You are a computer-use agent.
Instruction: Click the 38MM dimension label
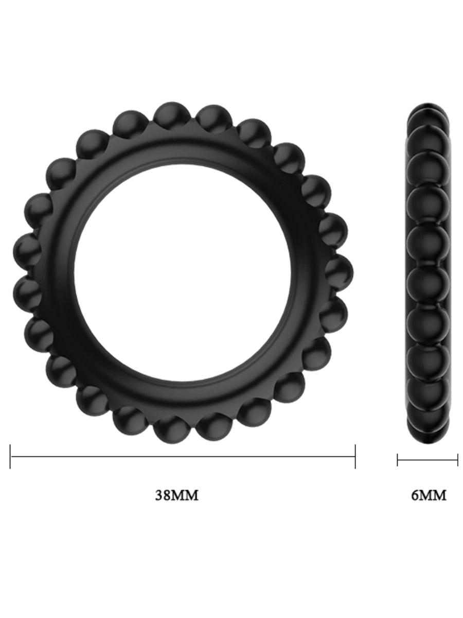coord(176,495)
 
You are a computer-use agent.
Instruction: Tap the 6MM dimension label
coord(429,495)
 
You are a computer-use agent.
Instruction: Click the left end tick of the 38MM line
coord(10,456)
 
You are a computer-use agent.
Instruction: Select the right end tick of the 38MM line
coord(355,456)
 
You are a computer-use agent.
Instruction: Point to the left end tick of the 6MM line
coord(398,459)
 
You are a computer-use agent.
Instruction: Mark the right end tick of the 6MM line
coord(457,459)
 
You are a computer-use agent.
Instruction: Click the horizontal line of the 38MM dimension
coord(183,456)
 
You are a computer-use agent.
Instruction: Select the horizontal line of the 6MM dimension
coord(428,459)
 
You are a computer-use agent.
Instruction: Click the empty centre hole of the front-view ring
coord(183,273)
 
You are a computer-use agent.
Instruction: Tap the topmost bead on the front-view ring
coord(172,116)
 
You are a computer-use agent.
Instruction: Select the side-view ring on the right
coord(428,273)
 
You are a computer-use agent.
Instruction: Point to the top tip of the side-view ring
coord(428,106)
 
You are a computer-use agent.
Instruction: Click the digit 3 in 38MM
coord(159,495)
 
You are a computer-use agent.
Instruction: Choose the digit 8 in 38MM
coord(167,495)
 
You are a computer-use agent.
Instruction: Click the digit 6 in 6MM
coord(414,495)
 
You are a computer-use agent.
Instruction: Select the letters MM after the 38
coord(185,495)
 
